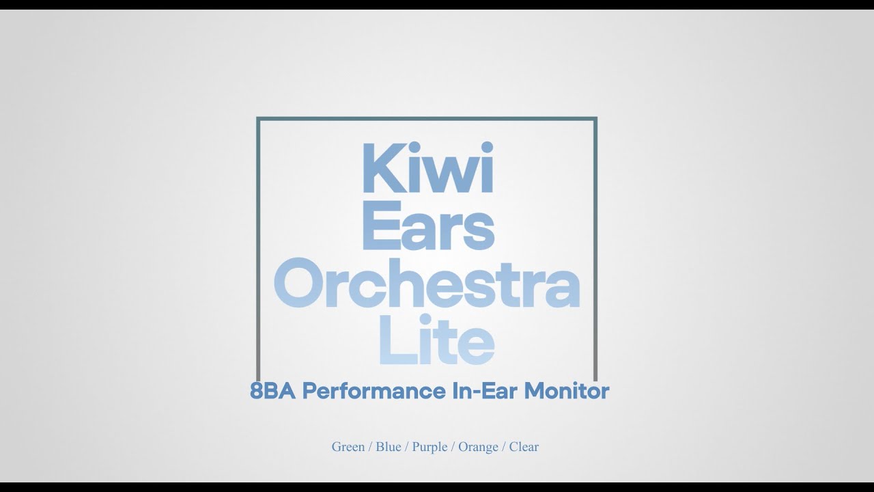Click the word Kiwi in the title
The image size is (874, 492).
point(426,168)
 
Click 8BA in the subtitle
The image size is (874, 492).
point(273,392)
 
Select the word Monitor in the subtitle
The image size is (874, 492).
point(567,392)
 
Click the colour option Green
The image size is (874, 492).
point(348,447)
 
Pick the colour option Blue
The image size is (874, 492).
point(388,447)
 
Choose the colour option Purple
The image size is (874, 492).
point(429,447)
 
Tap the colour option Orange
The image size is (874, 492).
point(478,447)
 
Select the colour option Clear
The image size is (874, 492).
point(524,447)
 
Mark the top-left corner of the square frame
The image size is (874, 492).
point(258,119)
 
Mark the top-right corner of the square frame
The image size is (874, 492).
point(595,119)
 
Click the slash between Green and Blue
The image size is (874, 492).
point(370,447)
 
